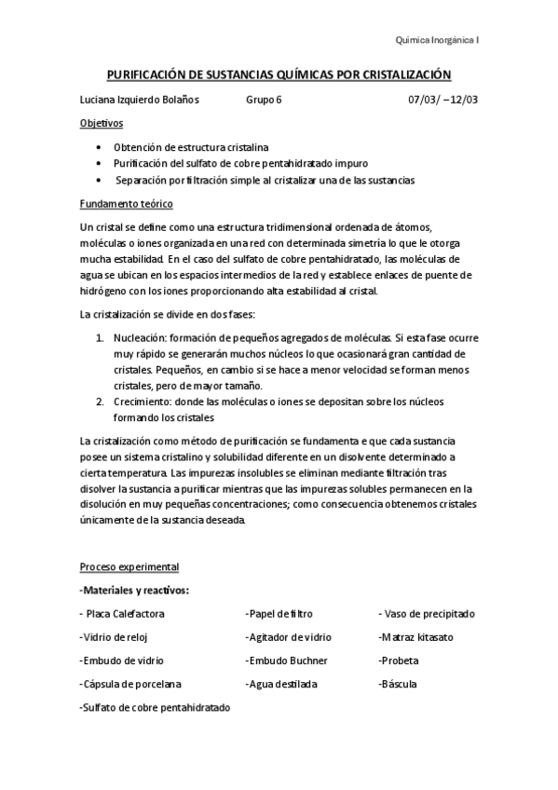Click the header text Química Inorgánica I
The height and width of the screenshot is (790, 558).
pyautogui.click(x=437, y=40)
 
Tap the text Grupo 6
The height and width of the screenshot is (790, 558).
pyautogui.click(x=264, y=100)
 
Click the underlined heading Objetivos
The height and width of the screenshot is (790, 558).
pyautogui.click(x=102, y=124)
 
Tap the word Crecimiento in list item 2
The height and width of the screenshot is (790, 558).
pyautogui.click(x=142, y=401)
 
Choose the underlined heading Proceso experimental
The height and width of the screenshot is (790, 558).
pyautogui.click(x=129, y=566)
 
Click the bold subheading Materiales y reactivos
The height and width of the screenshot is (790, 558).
pyautogui.click(x=136, y=590)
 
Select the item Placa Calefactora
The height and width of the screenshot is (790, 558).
pyautogui.click(x=125, y=614)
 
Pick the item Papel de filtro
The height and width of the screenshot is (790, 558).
pyautogui.click(x=279, y=614)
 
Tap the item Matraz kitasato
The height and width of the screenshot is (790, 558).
pyautogui.click(x=416, y=637)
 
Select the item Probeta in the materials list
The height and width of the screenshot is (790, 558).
pyautogui.click(x=399, y=661)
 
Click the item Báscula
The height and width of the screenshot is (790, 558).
pyautogui.click(x=398, y=684)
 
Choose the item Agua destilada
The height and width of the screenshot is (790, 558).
pyautogui.click(x=281, y=684)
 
